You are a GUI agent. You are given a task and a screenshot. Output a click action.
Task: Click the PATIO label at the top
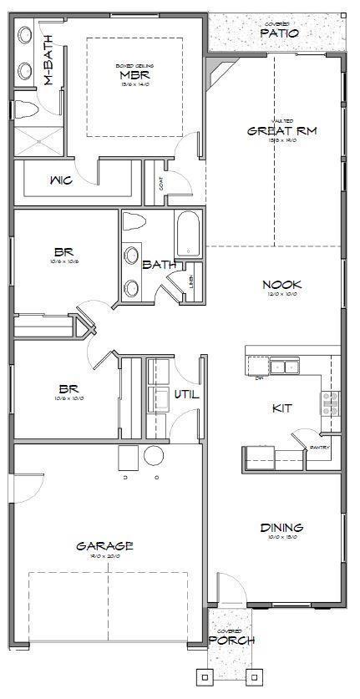(278, 33)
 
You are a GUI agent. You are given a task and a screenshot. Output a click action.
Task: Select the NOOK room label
(281, 285)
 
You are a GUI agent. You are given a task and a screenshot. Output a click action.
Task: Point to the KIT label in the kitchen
(281, 408)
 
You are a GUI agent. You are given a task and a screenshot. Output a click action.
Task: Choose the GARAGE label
(104, 546)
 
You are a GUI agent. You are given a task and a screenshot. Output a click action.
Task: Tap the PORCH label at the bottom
(232, 641)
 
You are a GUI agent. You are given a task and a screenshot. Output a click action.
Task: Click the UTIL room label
(185, 394)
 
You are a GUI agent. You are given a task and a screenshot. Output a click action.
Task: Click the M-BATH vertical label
(48, 58)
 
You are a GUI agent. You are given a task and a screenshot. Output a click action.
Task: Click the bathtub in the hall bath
(189, 234)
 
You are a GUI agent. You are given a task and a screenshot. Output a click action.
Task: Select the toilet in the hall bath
(134, 223)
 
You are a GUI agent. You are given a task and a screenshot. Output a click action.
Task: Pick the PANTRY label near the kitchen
(319, 447)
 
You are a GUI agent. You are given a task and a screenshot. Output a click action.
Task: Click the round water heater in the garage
(155, 456)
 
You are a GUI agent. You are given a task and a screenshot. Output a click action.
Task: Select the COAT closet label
(161, 187)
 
